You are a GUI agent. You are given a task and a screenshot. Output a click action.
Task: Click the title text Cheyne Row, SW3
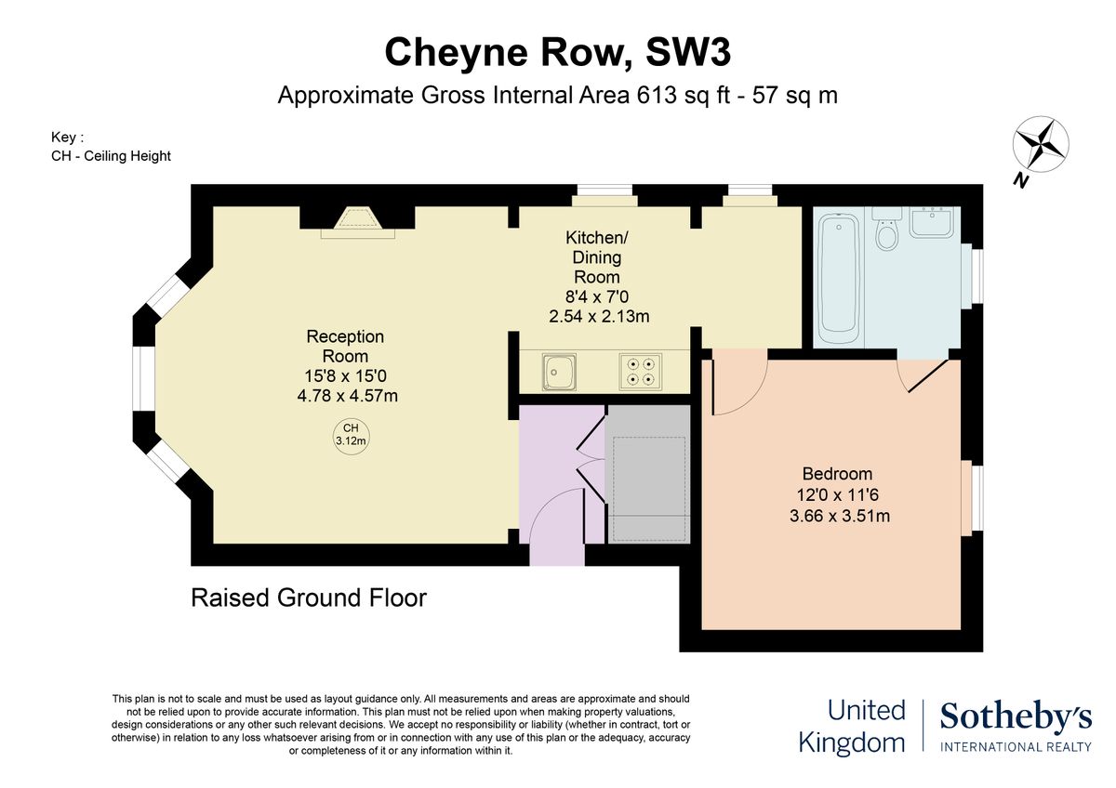(557, 53)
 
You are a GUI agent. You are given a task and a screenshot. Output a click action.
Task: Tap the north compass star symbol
(1041, 144)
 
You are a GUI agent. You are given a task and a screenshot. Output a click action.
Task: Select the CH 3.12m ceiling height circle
(351, 436)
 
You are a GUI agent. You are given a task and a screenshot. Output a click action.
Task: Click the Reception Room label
(345, 346)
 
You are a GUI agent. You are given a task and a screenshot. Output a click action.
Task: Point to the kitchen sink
(559, 372)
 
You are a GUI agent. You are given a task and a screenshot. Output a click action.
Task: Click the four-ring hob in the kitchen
(641, 372)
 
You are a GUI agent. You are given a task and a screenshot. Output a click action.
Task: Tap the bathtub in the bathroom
(839, 279)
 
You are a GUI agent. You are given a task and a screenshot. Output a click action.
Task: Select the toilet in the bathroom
(886, 230)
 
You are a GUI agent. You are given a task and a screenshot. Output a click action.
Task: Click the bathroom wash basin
(932, 222)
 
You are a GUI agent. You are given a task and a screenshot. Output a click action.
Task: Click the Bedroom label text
(837, 473)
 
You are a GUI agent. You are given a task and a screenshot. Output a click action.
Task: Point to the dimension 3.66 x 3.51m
(840, 515)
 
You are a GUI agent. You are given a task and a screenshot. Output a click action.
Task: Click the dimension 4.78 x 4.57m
(347, 396)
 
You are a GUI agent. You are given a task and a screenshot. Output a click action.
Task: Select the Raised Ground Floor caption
(309, 598)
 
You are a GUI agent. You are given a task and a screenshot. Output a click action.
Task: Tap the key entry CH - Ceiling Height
(111, 156)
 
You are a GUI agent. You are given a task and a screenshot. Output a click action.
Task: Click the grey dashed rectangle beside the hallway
(649, 489)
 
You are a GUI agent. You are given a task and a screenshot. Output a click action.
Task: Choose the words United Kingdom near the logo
(853, 728)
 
